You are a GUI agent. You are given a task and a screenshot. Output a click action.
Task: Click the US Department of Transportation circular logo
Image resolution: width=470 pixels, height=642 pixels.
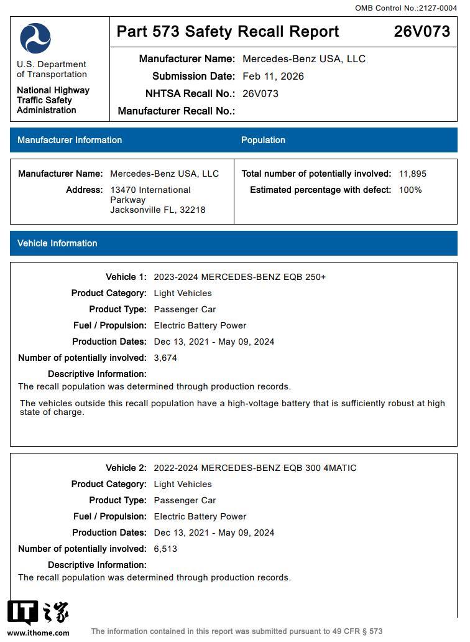pyautogui.click(x=35, y=39)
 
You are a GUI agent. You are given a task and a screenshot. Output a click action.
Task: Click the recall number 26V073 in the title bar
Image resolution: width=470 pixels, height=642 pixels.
pyautogui.click(x=422, y=32)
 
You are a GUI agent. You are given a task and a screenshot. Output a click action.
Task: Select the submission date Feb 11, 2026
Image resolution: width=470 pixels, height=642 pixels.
pyautogui.click(x=273, y=77)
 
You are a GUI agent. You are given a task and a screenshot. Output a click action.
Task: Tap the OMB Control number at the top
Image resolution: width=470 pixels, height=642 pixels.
pyautogui.click(x=405, y=8)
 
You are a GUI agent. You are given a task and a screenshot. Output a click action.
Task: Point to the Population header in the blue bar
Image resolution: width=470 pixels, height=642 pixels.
pyautogui.click(x=263, y=140)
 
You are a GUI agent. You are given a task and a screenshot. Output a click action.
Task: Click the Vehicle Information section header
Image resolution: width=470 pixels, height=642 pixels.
pyautogui.click(x=57, y=243)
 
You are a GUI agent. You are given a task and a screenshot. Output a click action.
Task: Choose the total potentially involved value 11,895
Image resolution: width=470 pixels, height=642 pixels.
pyautogui.click(x=412, y=174)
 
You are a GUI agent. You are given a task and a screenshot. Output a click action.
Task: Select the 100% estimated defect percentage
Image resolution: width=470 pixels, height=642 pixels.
pyautogui.click(x=410, y=190)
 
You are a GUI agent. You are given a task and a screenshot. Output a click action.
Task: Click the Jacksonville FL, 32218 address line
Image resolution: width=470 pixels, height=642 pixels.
pyautogui.click(x=157, y=210)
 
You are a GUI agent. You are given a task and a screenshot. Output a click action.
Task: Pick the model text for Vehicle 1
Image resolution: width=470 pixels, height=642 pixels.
pyautogui.click(x=239, y=277)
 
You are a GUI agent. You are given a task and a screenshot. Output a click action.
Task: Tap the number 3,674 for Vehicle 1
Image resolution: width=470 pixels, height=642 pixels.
pyautogui.click(x=165, y=358)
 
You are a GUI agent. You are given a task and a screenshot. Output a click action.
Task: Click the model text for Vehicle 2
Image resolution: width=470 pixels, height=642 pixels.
pyautogui.click(x=255, y=468)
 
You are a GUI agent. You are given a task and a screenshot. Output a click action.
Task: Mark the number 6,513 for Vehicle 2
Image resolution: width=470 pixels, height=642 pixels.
pyautogui.click(x=165, y=549)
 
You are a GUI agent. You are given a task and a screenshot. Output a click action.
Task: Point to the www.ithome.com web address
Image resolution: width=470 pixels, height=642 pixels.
pyautogui.click(x=39, y=633)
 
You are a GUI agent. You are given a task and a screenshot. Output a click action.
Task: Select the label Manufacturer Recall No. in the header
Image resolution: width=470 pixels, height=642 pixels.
pyautogui.click(x=176, y=111)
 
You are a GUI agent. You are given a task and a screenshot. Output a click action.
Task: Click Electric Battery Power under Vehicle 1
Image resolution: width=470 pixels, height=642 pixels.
pyautogui.click(x=200, y=325)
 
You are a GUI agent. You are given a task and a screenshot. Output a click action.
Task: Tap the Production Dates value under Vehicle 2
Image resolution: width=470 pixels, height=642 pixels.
pyautogui.click(x=214, y=533)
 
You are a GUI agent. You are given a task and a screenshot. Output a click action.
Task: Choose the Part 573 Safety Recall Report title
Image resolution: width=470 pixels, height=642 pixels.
pyautogui.click(x=228, y=32)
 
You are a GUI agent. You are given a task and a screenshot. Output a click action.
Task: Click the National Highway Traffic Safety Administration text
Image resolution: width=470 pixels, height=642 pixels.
pyautogui.click(x=53, y=100)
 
